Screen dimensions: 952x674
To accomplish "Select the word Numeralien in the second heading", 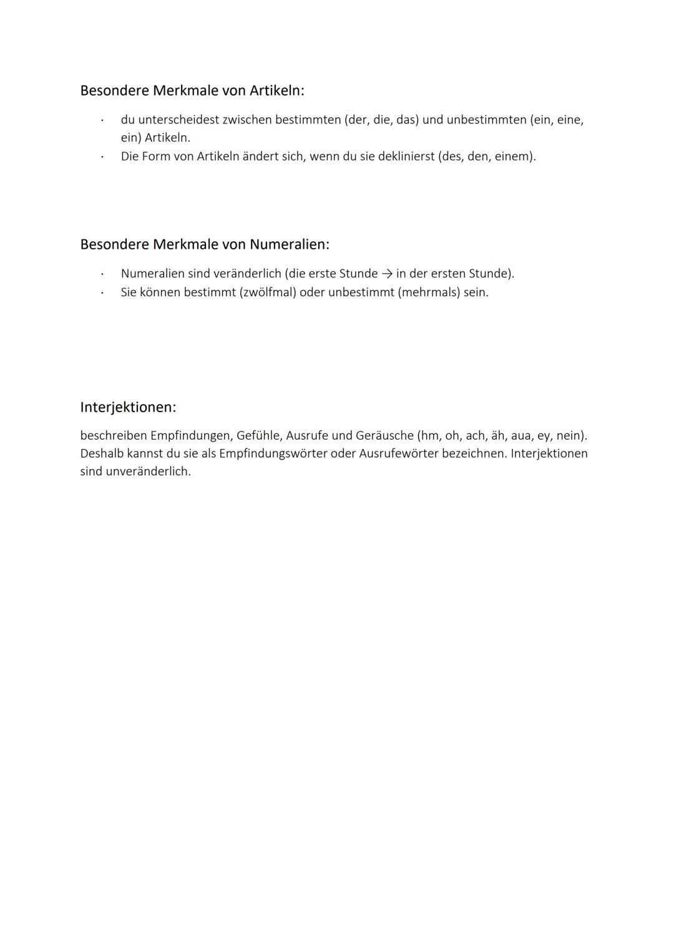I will point(288,244).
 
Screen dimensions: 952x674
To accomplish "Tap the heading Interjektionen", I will point(128,407).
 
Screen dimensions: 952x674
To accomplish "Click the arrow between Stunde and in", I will point(387,274).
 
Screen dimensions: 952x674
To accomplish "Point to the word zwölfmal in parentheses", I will point(267,292).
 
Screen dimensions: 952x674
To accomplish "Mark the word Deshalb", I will point(102,453).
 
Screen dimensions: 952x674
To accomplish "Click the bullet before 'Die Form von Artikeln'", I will point(102,156).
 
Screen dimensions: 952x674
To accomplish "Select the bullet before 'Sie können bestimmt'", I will point(102,292).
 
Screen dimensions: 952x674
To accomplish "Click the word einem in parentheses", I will point(512,156).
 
